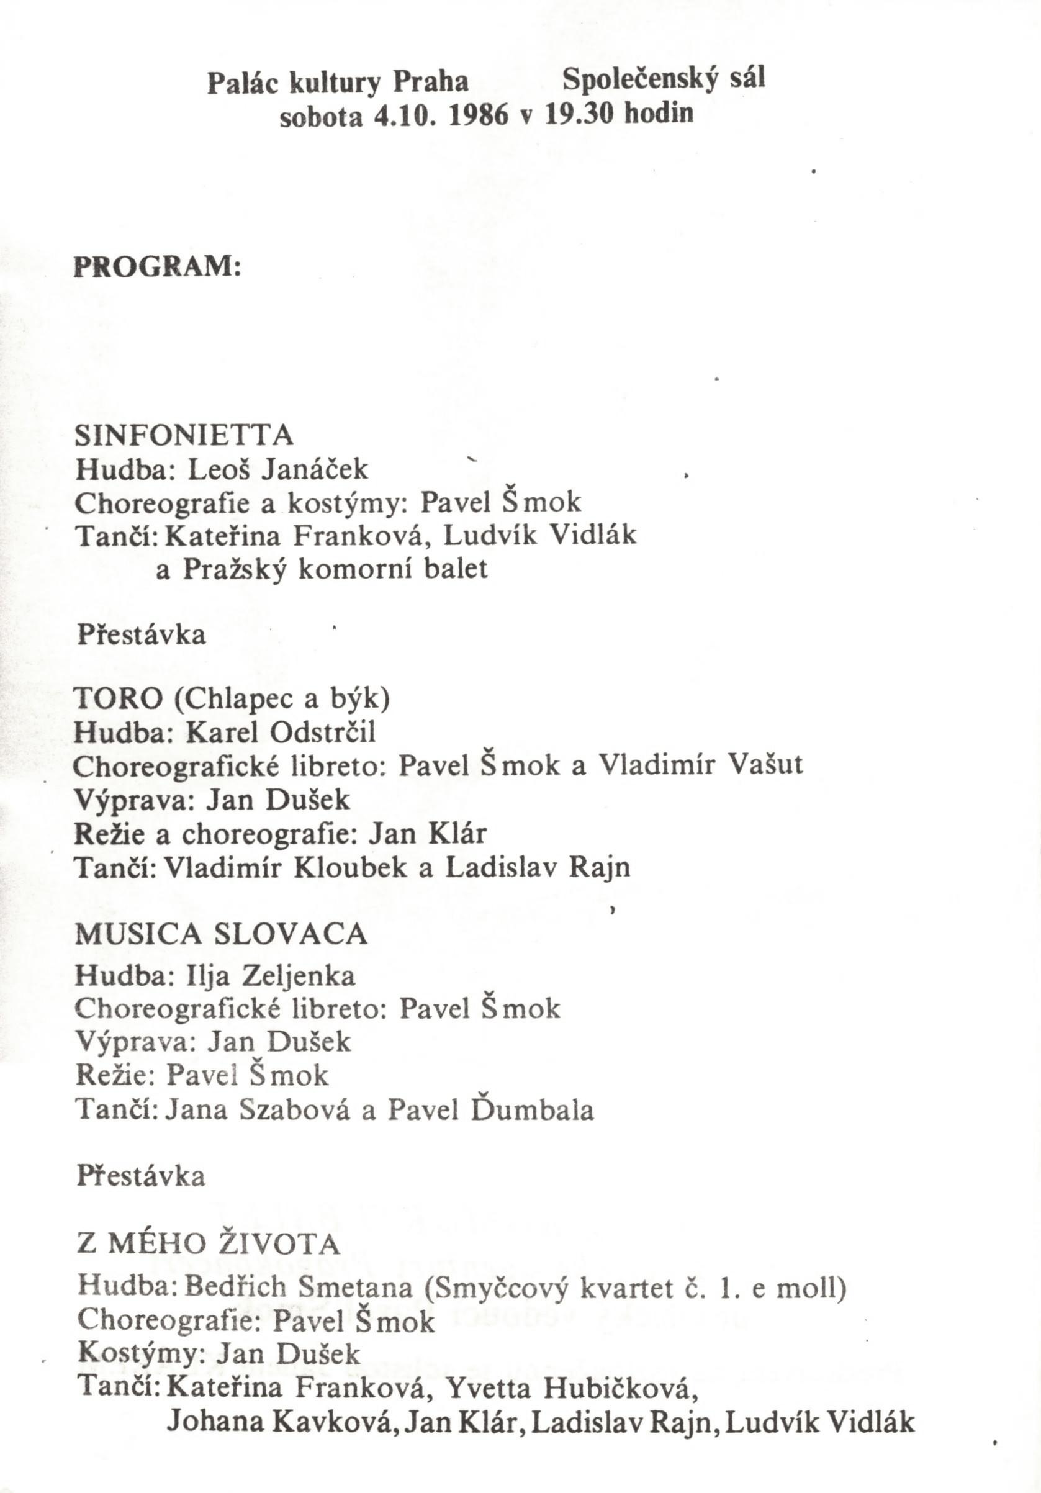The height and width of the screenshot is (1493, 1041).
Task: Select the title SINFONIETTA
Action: coord(184,435)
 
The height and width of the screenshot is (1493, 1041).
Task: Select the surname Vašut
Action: coord(765,764)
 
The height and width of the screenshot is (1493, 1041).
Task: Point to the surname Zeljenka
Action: coord(299,976)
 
